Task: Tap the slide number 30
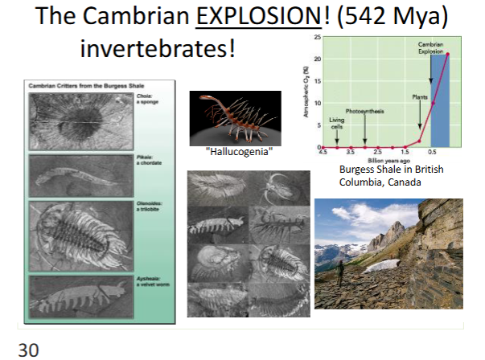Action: (28, 349)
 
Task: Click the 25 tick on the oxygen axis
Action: (317, 37)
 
